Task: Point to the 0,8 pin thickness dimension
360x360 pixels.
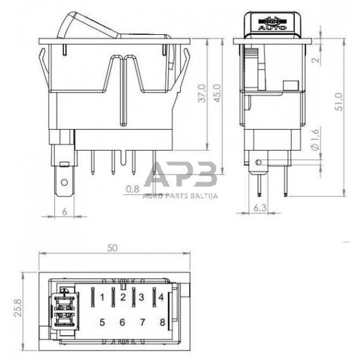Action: pos(132,189)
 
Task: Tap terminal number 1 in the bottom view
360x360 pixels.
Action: pos(101,297)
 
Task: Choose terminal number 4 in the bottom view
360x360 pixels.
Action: pos(161,297)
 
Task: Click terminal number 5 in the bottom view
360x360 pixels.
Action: pos(101,322)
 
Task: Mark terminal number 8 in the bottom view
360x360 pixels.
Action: pos(162,322)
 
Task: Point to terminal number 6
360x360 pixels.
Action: pos(122,322)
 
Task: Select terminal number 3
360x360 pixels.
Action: pos(142,297)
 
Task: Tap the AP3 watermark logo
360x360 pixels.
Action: pos(180,174)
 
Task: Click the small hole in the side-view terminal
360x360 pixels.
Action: pos(258,163)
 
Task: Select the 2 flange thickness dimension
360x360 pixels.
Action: pos(316,61)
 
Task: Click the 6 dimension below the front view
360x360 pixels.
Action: pos(66,212)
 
